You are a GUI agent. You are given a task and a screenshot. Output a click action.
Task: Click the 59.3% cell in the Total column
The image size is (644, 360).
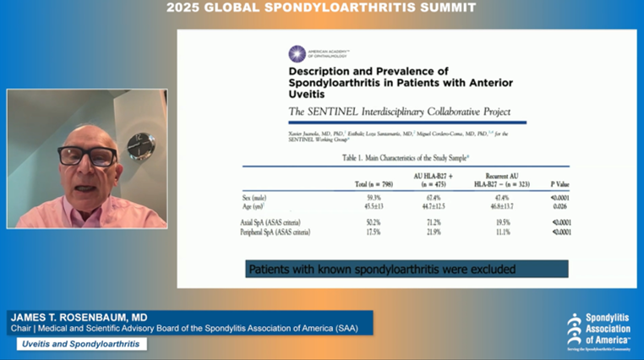tap(363, 197)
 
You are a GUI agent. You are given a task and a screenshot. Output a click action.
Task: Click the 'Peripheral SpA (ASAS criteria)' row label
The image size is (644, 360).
tap(276, 232)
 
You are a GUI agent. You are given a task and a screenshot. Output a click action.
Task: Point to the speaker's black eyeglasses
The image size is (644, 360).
tap(88, 156)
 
